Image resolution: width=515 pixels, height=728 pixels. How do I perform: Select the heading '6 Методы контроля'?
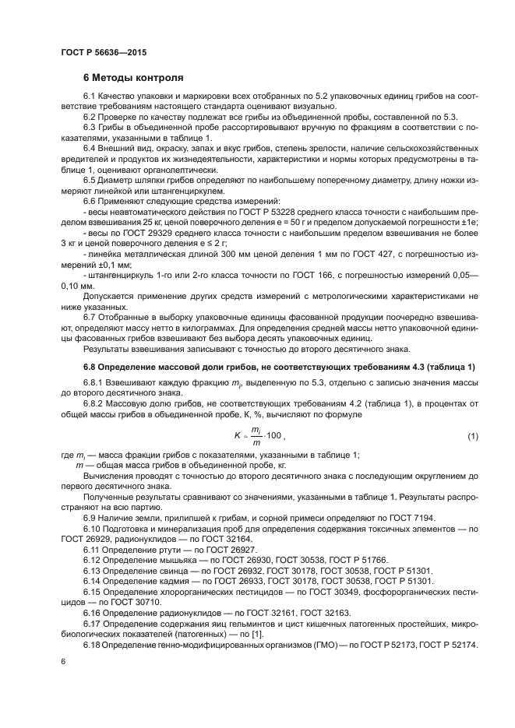tap(133, 78)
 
